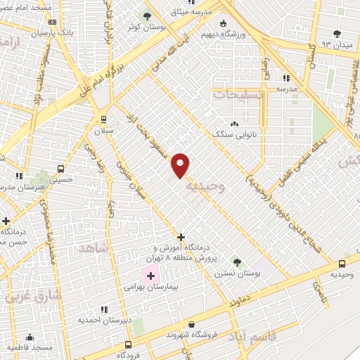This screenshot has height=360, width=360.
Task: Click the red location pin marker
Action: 181,165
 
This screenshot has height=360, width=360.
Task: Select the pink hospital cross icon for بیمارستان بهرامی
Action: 150,275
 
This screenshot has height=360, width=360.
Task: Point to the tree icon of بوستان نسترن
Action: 236,262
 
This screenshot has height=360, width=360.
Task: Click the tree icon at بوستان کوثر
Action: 146,15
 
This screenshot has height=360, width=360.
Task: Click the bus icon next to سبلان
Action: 103,119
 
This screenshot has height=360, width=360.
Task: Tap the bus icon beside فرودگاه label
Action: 127,345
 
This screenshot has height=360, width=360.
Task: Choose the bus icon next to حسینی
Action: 61,169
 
